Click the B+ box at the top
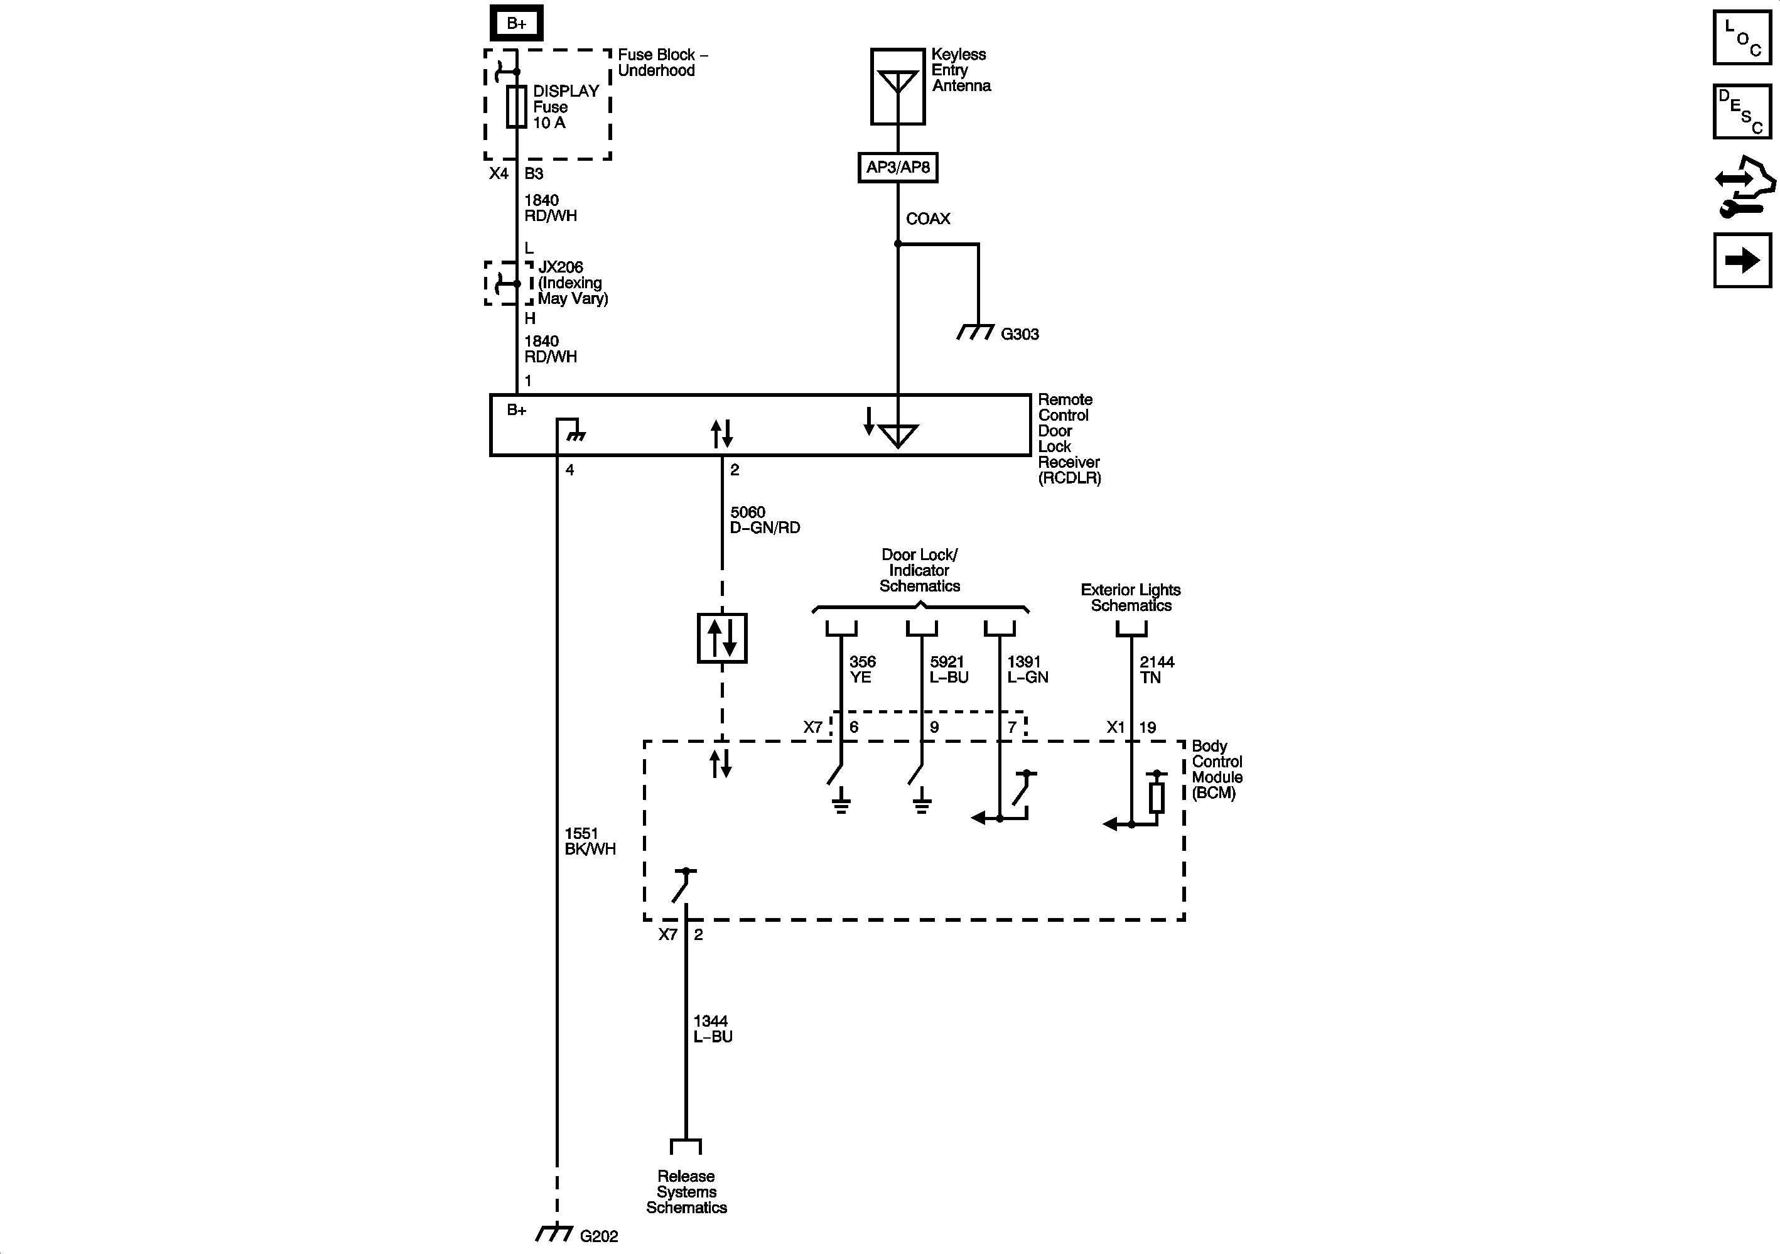pyautogui.click(x=516, y=24)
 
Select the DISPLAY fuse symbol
pyautogui.click(x=516, y=107)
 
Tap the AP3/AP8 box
pyautogui.click(x=898, y=168)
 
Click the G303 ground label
pyautogui.click(x=1020, y=334)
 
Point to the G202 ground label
pyautogui.click(x=599, y=1236)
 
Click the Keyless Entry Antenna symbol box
pyautogui.click(x=898, y=86)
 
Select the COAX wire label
pyautogui.click(x=928, y=219)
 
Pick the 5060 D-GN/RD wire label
pyautogui.click(x=764, y=519)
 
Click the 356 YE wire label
pyautogui.click(x=861, y=669)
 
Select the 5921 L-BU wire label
pyautogui.click(x=949, y=669)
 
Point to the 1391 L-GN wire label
pyautogui.click(x=1027, y=669)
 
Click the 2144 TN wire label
pyautogui.click(x=1156, y=669)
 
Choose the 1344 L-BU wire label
pyautogui.click(x=713, y=1029)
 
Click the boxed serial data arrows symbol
pyautogui.click(x=722, y=638)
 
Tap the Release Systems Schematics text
pyautogui.click(x=686, y=1192)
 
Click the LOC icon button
pyautogui.click(x=1742, y=37)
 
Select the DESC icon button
pyautogui.click(x=1742, y=112)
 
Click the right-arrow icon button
pyautogui.click(x=1742, y=261)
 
